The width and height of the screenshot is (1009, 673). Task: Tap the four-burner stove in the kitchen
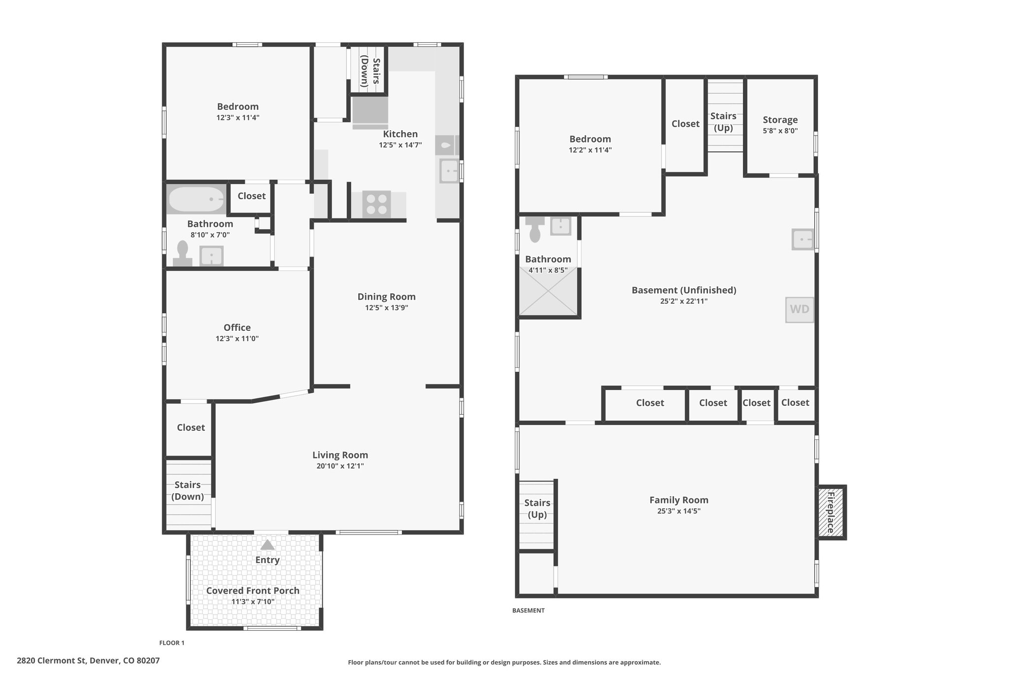coord(376,204)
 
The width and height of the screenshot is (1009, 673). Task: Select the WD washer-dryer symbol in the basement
coord(799,310)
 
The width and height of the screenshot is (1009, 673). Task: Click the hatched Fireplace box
coord(831,512)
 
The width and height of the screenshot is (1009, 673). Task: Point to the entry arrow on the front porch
coord(267,545)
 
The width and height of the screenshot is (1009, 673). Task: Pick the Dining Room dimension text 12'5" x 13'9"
coord(386,308)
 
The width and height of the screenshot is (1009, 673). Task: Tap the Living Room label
coord(340,455)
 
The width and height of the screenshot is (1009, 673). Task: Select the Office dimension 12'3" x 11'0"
coord(237,339)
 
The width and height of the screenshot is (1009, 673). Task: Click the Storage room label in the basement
coord(780,120)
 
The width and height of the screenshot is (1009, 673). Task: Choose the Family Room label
coord(678,500)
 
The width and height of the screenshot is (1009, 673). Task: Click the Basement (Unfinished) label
coord(684,290)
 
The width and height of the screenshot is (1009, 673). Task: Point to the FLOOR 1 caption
coord(171,643)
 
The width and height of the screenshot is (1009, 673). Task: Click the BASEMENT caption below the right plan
coord(528,610)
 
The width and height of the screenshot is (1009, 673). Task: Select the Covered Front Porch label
coord(253,591)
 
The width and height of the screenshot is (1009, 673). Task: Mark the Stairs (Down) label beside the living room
coord(188,491)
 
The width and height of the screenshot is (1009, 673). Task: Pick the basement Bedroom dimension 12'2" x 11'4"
coord(590,150)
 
